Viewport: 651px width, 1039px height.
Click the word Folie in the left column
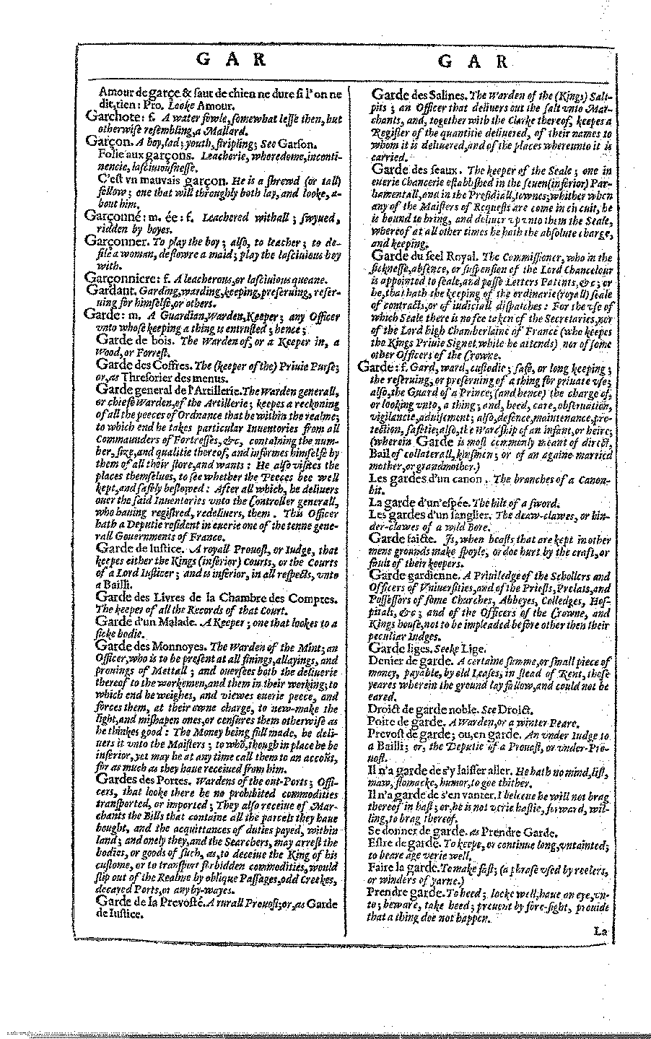pos(112,153)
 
